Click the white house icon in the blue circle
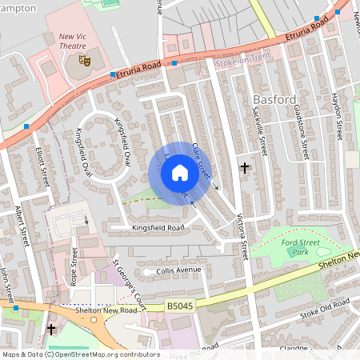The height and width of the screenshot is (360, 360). pyautogui.click(x=180, y=173)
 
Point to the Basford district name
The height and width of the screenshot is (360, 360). pyautogui.click(x=274, y=99)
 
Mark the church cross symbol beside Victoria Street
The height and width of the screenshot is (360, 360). pyautogui.click(x=245, y=168)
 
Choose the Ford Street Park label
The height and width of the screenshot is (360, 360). pyautogui.click(x=300, y=246)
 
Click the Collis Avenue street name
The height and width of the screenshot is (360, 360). pyautogui.click(x=177, y=271)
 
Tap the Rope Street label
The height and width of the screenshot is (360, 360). pyautogui.click(x=74, y=266)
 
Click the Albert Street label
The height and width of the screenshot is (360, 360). pyautogui.click(x=22, y=226)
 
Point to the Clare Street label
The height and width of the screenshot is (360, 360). pyautogui.click(x=201, y=161)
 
